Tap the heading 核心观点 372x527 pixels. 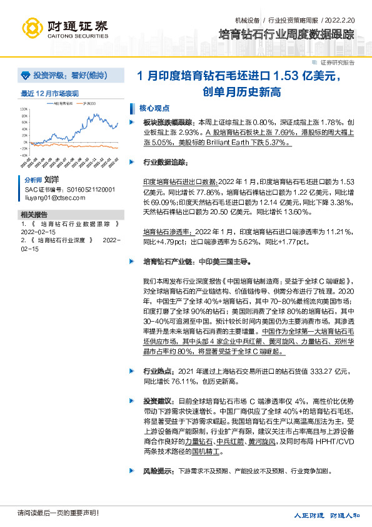[154, 107]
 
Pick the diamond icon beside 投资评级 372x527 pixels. [26, 75]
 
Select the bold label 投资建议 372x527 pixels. [158, 399]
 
